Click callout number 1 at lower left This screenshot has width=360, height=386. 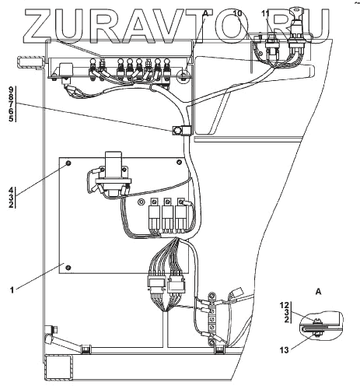[12, 289]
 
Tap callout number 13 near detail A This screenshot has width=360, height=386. [284, 350]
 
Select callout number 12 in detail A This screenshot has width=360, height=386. [285, 305]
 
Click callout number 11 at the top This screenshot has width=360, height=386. [265, 13]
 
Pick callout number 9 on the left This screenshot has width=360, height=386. [11, 90]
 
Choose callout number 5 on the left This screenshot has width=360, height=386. [11, 119]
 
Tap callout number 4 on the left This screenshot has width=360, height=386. [11, 190]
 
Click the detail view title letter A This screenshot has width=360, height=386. [318, 292]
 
